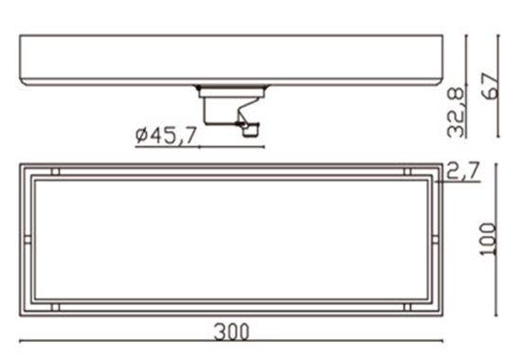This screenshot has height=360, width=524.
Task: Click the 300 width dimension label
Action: (231, 332)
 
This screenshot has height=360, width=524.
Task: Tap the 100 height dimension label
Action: (489, 239)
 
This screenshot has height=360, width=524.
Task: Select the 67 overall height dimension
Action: (491, 86)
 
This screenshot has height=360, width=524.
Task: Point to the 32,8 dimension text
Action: (457, 113)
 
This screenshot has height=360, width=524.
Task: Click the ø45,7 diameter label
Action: (166, 135)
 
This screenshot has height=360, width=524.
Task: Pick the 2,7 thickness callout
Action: (463, 171)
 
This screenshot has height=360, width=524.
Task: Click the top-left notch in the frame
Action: (56, 171)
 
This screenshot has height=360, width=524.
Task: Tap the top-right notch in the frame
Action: (407, 171)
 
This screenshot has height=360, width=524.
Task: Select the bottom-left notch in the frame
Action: (56, 307)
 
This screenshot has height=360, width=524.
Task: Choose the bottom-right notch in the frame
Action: (407, 307)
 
